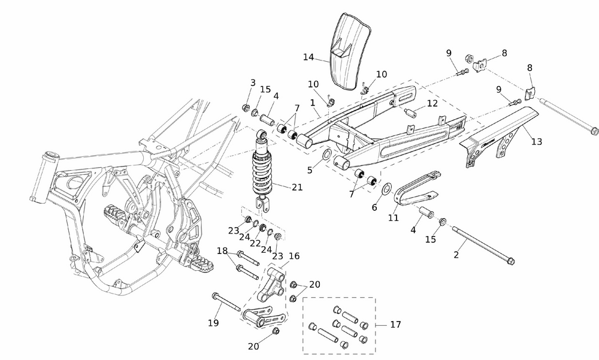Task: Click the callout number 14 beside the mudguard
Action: [308, 58]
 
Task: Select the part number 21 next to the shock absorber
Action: [298, 187]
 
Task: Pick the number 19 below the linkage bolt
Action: [213, 323]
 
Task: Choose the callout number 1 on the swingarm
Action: [313, 103]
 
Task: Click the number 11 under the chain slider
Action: [393, 218]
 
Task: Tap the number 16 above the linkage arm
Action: [294, 256]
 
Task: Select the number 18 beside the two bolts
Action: [222, 250]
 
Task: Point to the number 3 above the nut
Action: [253, 83]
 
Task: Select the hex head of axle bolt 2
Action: [510, 262]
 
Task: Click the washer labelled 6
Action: [386, 190]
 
